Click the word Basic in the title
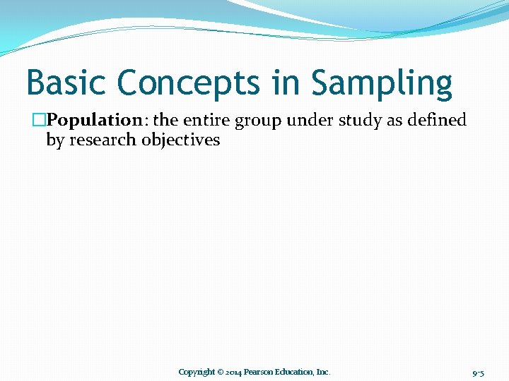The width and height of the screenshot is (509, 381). [66, 83]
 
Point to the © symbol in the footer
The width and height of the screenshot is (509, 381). [221, 372]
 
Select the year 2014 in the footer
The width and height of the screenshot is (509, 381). [233, 372]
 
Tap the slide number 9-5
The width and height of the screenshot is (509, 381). [478, 372]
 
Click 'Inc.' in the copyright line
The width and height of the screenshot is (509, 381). [322, 372]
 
